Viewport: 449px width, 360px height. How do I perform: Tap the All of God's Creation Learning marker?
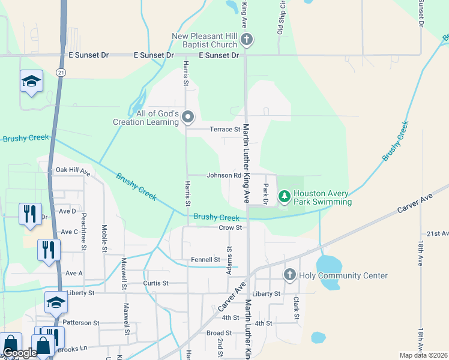point(188,116)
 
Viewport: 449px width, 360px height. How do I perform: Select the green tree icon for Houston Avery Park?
point(284,196)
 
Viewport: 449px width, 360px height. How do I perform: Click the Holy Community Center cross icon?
point(290,275)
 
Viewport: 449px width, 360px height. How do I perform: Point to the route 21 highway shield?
point(61,72)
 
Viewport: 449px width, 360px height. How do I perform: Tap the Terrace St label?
point(224,129)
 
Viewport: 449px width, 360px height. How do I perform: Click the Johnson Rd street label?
point(224,176)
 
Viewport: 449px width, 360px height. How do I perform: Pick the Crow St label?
point(230,227)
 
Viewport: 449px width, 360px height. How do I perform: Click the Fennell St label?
point(205,260)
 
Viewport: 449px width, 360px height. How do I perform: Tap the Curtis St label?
point(157,283)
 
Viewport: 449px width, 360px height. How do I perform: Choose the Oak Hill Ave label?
point(72,172)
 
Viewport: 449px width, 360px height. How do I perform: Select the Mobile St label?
point(104,238)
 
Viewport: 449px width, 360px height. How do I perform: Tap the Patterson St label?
point(80,322)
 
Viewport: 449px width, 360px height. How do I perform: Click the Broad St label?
point(215,333)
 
